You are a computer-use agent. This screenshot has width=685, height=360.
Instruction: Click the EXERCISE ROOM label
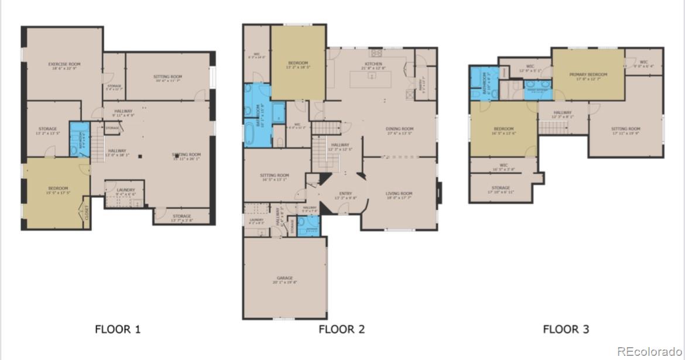click(64, 64)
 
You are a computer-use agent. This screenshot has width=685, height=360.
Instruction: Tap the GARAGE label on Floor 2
click(285, 278)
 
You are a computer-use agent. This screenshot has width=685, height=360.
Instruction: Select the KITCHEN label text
click(374, 64)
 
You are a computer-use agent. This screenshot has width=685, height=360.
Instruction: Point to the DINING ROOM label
click(399, 129)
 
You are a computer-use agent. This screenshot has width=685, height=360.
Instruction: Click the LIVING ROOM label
click(399, 194)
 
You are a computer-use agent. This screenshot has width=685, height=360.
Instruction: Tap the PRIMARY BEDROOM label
click(588, 75)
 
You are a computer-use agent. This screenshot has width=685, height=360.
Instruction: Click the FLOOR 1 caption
click(118, 330)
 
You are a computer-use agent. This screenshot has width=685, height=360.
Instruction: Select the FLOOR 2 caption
click(342, 330)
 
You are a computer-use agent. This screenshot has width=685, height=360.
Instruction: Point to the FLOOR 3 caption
click(566, 330)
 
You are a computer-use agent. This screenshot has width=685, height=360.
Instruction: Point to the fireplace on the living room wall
click(439, 193)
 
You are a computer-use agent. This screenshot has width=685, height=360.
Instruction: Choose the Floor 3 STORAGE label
click(501, 188)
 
